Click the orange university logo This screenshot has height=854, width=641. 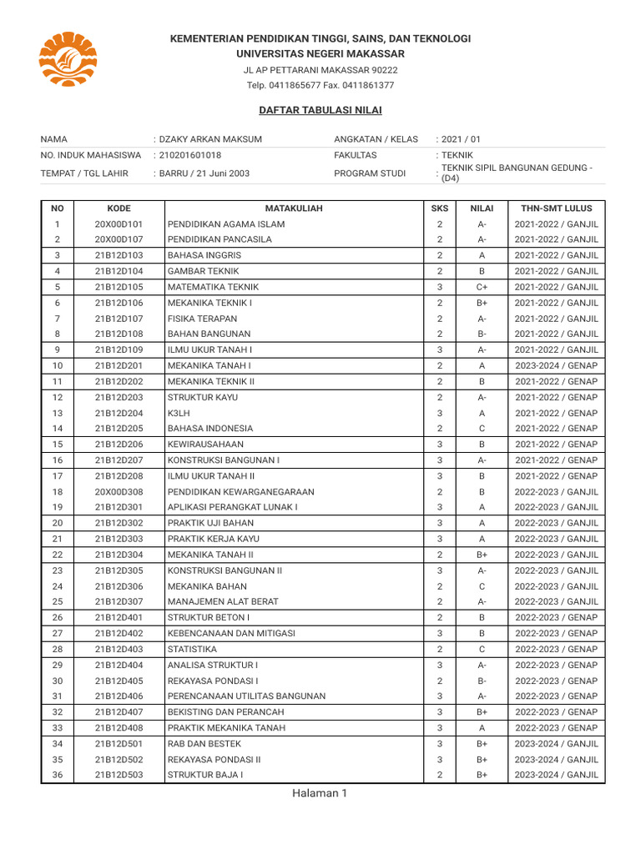68,63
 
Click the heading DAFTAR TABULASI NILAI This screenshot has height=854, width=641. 320,110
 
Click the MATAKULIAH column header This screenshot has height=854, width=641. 293,208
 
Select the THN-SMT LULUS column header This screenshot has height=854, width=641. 556,208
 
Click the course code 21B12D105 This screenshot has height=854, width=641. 119,287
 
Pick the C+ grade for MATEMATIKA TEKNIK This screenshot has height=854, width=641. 482,287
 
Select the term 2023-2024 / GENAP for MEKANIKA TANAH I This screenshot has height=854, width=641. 556,365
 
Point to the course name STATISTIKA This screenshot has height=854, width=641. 192,649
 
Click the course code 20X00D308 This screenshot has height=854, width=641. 119,491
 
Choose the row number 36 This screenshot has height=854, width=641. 57,775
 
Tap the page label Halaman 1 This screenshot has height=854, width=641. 319,793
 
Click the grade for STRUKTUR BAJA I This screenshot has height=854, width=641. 482,775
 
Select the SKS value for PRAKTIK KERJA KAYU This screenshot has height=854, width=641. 439,539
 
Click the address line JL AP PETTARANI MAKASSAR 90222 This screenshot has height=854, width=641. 320,70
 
